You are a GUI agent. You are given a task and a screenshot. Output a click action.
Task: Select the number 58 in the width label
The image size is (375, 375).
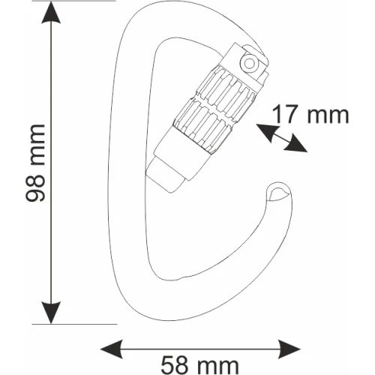(x=174, y=365)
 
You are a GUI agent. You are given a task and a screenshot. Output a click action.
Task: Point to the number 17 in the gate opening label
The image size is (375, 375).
(x=286, y=114)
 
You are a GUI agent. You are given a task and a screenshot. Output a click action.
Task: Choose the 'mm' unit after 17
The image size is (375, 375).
(x=328, y=115)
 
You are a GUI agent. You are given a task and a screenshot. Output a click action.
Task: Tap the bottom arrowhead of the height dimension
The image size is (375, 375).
(x=51, y=313)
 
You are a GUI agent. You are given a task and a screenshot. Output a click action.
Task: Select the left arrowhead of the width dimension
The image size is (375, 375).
(x=112, y=349)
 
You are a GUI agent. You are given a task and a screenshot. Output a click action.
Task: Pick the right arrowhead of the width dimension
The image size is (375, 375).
(x=289, y=349)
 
